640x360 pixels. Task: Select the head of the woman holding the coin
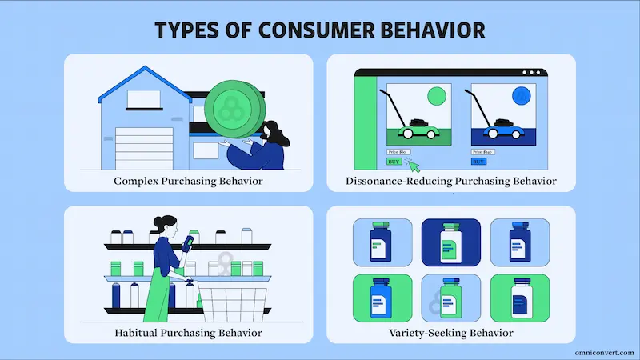pyautogui.click(x=270, y=129)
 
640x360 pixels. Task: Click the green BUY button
pyautogui.click(x=394, y=161)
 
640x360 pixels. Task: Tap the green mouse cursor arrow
pyautogui.click(x=413, y=164)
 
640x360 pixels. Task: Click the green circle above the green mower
pyautogui.click(x=436, y=97)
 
